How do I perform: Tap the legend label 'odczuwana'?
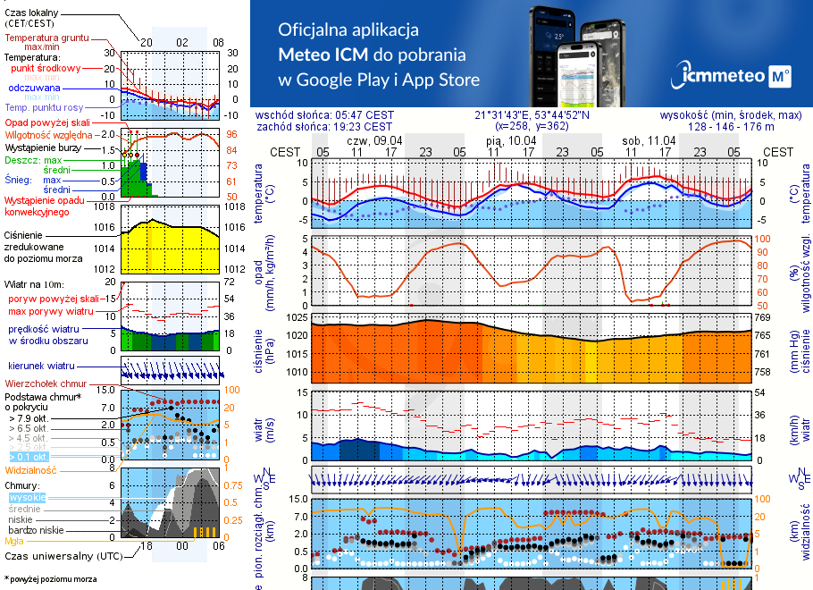[x=34, y=88]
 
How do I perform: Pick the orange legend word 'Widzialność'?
[x=30, y=469]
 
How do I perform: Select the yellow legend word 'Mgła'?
[x=14, y=541]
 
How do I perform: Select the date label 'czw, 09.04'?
[x=374, y=140]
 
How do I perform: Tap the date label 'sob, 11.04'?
[x=649, y=140]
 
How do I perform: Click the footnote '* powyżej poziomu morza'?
[x=50, y=579]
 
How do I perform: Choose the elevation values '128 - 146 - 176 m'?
[x=732, y=127]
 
